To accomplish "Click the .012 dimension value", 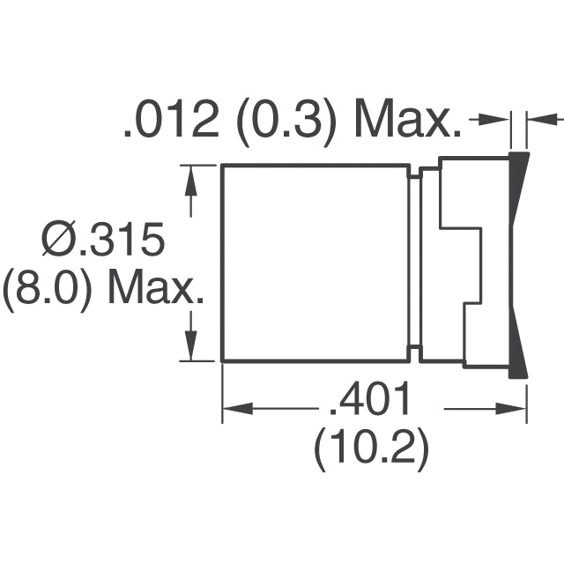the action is [x=171, y=121].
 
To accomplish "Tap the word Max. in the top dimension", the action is [x=408, y=121].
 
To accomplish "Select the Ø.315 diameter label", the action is [x=103, y=239].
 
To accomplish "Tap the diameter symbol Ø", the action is [x=58, y=239].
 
